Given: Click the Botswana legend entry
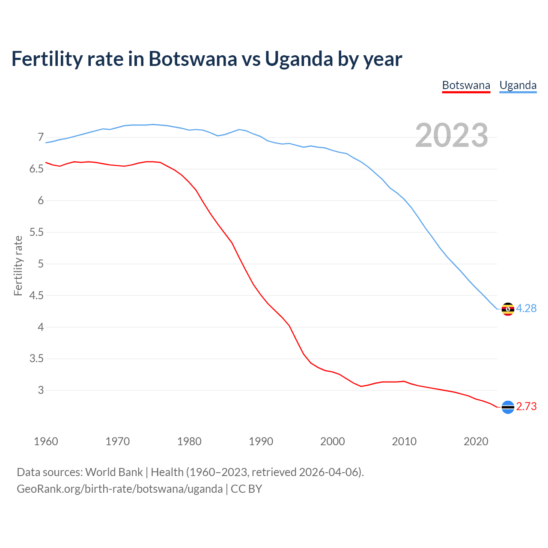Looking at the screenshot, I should [466, 85].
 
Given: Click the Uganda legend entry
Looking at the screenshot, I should [518, 85].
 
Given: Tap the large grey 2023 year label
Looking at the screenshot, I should [452, 135].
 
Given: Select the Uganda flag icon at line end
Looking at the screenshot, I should [508, 309].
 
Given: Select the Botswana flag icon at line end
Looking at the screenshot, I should [508, 407].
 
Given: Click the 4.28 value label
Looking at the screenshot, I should [526, 308].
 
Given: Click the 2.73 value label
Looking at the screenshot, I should [526, 406].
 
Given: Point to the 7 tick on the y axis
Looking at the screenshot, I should [41, 137].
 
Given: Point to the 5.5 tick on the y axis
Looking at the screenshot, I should [37, 232].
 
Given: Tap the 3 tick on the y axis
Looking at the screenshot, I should [41, 390].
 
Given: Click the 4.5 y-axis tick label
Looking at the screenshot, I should [37, 295].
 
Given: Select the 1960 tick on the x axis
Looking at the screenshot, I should [46, 441].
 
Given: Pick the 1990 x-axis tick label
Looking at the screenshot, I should [261, 441].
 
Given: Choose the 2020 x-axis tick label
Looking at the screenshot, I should [476, 441].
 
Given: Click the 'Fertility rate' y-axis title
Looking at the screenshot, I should [18, 265].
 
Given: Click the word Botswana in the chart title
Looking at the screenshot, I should [193, 59].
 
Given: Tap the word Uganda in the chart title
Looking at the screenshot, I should [299, 59].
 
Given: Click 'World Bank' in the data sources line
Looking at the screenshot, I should [114, 472].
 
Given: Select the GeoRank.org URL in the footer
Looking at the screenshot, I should [119, 489].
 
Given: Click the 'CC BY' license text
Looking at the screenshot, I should [246, 489].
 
